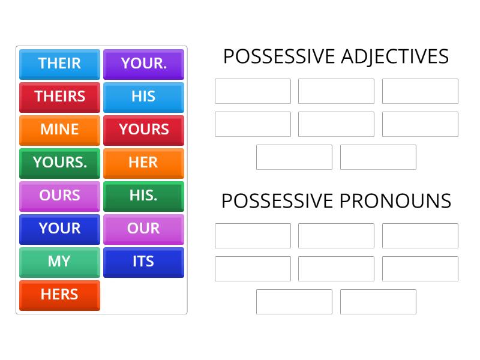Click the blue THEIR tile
tap(59, 64)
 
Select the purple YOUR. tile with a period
tap(143, 64)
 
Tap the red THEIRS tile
tap(59, 97)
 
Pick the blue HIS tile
tap(143, 97)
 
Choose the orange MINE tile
tap(59, 130)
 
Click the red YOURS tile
tap(143, 130)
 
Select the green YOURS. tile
tap(59, 163)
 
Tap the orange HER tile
tap(143, 163)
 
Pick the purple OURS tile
tap(59, 196)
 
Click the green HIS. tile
tap(143, 196)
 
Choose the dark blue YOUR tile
tap(59, 229)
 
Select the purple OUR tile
tap(143, 229)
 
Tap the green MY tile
tap(59, 262)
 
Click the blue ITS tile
tap(143, 262)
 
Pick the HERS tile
tap(59, 295)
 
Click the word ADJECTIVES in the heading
tap(394, 56)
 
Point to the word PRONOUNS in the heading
tap(395, 201)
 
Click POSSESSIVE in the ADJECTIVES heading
tap(279, 56)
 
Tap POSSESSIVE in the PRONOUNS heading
tap(278, 201)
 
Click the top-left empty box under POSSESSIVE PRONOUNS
tap(253, 236)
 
